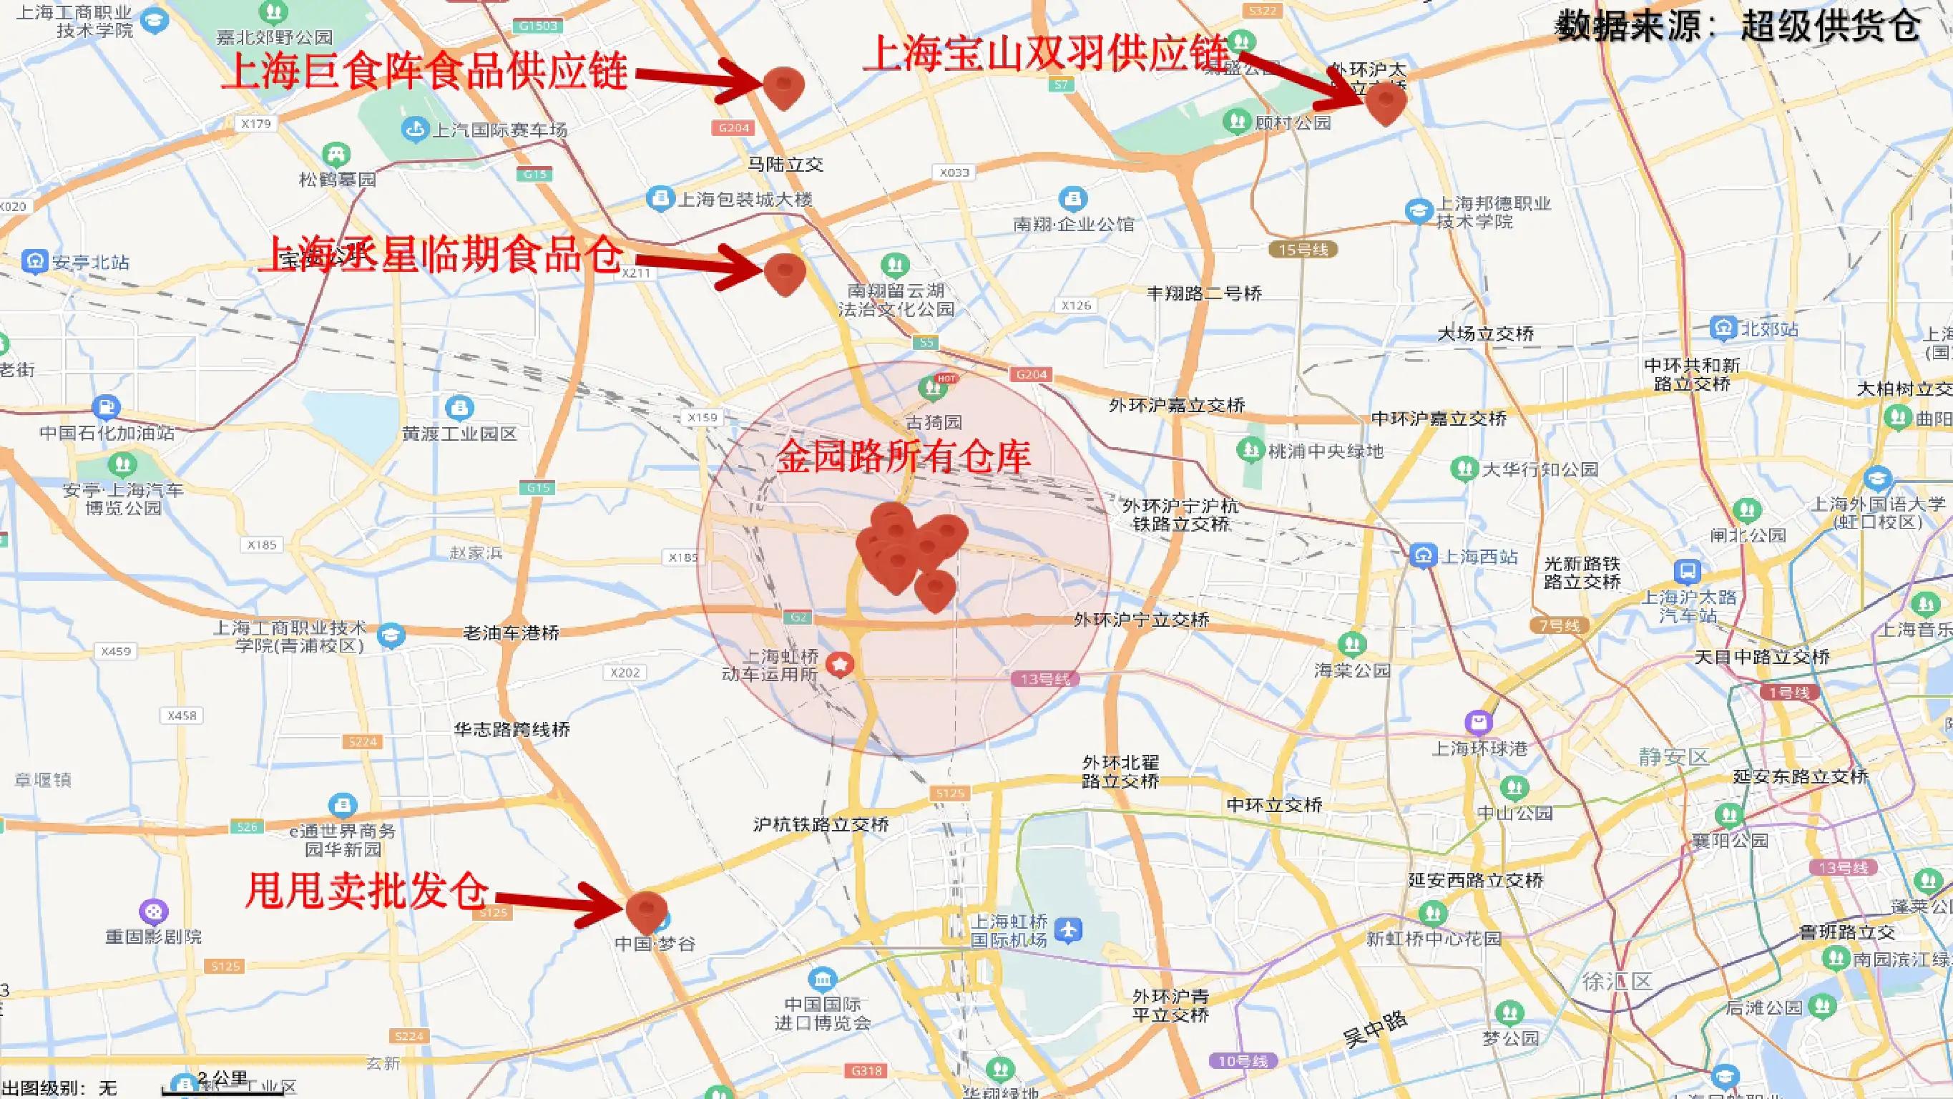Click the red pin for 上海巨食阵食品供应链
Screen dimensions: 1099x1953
(783, 86)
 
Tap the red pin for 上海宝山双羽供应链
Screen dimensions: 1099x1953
(1385, 102)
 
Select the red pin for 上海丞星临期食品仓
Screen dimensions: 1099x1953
(784, 273)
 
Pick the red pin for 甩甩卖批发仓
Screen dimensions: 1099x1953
(647, 910)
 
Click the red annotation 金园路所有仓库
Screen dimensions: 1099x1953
(903, 457)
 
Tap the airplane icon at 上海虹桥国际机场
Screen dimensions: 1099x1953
(1068, 930)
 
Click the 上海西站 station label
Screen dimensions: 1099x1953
(1479, 557)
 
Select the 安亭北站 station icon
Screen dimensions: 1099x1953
(34, 262)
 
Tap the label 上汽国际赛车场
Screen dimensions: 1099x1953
(499, 130)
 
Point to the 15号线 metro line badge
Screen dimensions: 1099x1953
(1303, 250)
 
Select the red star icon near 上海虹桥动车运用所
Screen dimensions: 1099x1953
(840, 665)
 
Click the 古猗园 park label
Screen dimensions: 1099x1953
(934, 422)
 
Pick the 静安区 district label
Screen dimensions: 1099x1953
(1673, 756)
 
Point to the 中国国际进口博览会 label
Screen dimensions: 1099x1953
(823, 1013)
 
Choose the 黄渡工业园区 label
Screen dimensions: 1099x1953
(459, 433)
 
